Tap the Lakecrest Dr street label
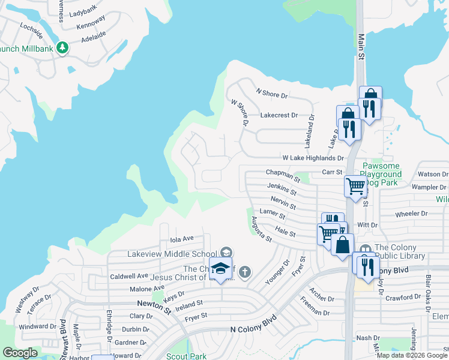click(279, 115)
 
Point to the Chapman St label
click(283, 174)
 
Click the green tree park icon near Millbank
click(62, 47)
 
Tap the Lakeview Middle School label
click(172, 254)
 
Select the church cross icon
click(244, 273)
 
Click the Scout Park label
click(186, 356)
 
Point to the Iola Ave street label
click(182, 238)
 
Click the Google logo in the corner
click(20, 353)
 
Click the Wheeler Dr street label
click(411, 213)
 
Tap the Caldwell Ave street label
click(129, 276)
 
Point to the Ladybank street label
click(83, 13)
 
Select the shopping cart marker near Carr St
click(355, 187)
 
